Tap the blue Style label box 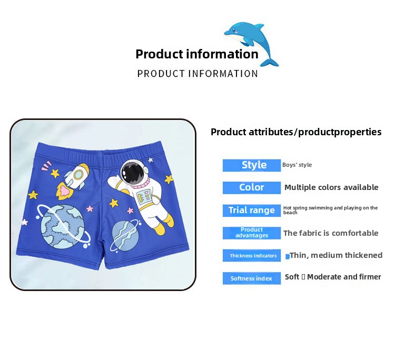[x=252, y=165]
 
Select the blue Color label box [x=252, y=187]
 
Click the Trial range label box [x=252, y=210]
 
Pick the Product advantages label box [x=252, y=233]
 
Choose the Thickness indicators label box [x=252, y=255]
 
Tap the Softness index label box [x=252, y=278]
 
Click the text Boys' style [x=297, y=165]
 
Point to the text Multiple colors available [x=331, y=187]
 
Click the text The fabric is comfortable [x=331, y=233]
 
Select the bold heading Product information [x=197, y=54]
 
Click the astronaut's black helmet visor [x=132, y=173]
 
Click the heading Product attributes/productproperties [x=296, y=132]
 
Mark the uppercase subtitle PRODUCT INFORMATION [x=197, y=74]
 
